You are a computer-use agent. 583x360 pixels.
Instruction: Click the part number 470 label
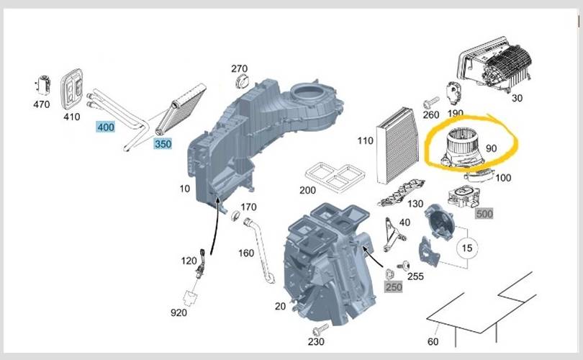tap(42, 104)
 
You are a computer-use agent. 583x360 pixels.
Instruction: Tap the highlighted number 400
tap(106, 127)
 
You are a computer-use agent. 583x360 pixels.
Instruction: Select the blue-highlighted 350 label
tap(163, 144)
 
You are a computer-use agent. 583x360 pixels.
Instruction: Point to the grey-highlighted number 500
tap(484, 214)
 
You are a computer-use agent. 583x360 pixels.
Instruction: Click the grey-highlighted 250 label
tap(394, 287)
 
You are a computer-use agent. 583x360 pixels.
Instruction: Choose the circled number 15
tap(468, 248)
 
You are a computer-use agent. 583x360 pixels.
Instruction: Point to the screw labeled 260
tap(430, 100)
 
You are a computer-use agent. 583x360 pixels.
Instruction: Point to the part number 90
tap(492, 148)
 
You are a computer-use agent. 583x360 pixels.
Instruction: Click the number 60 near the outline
tap(433, 341)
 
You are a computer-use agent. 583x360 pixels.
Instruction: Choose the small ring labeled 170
tap(235, 215)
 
